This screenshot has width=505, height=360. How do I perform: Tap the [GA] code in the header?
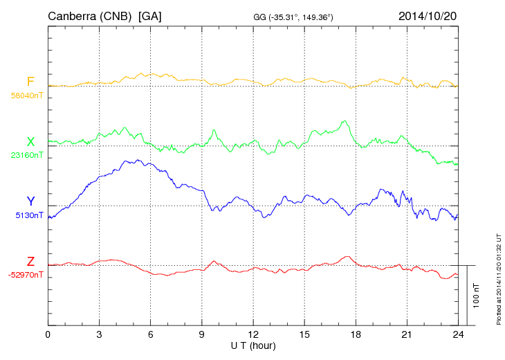pos(150,16)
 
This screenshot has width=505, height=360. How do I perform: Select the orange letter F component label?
pos(30,82)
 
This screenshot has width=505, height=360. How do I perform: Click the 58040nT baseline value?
pos(27,96)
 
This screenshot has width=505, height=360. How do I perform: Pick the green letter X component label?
pos(30,142)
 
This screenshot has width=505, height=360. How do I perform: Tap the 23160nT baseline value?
pos(27,155)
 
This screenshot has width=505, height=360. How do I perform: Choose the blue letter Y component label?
pos(30,201)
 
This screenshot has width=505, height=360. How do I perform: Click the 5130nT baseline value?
pos(29,215)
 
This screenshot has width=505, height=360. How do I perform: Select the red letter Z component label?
pos(30,262)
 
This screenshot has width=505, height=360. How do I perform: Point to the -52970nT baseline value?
pos(26,275)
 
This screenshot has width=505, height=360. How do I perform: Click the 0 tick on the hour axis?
pos(48,334)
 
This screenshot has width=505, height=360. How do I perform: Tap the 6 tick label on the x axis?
pos(151,334)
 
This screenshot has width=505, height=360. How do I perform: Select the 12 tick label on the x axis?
pos(253,334)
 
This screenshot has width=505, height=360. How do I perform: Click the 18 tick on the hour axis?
pos(356,334)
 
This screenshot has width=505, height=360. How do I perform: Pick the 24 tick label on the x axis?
pos(458,334)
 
